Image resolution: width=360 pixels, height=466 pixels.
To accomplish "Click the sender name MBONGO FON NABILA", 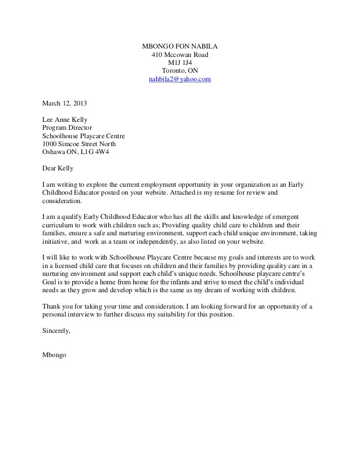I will point(179,46).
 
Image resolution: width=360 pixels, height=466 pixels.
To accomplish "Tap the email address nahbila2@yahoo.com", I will point(179,80).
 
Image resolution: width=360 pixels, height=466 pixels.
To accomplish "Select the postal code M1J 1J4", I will point(179,63).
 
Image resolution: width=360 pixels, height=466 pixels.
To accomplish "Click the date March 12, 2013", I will point(65,103).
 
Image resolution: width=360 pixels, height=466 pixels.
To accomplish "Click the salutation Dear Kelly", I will point(58,168).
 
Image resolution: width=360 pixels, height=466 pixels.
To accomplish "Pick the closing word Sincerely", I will point(57,331).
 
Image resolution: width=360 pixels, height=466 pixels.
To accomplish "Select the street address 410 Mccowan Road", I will point(179,54).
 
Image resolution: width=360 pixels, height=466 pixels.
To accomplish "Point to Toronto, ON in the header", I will point(179,71).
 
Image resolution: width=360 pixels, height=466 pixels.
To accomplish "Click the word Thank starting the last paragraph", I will point(52,306).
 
